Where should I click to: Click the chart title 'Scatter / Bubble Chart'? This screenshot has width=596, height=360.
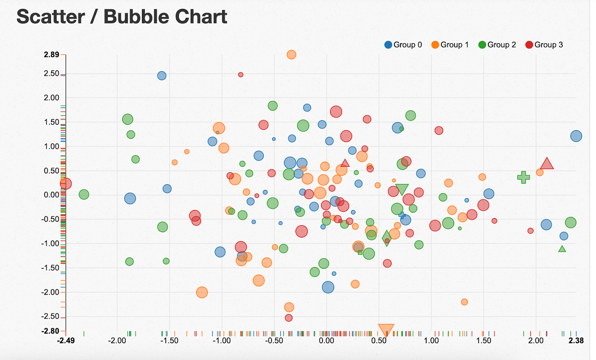(x=122, y=17)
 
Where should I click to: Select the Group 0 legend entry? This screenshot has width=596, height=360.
(x=403, y=45)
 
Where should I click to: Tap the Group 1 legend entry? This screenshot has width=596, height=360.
(x=450, y=45)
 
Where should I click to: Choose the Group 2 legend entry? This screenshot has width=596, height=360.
(x=497, y=45)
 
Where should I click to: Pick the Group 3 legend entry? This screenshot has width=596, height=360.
(x=544, y=45)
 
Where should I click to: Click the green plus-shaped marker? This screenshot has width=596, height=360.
(x=524, y=177)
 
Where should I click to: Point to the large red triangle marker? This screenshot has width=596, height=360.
(x=547, y=164)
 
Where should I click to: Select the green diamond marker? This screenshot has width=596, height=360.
(x=387, y=238)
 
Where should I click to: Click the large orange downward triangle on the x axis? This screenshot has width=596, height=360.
(x=386, y=329)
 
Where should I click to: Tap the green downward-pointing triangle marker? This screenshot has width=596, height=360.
(x=402, y=189)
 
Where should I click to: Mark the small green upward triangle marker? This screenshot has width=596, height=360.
(x=562, y=249)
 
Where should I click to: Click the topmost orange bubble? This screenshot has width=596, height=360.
(x=291, y=55)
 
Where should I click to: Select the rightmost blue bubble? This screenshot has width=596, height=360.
(x=576, y=136)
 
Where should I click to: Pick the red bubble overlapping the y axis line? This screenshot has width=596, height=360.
(x=66, y=184)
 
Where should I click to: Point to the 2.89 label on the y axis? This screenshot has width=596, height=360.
(x=51, y=55)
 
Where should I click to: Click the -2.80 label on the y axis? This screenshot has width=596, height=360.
(x=50, y=331)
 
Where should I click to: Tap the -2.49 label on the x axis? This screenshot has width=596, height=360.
(x=66, y=340)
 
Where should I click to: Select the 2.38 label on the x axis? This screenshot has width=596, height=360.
(x=576, y=340)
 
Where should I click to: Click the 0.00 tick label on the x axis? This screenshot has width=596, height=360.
(x=326, y=340)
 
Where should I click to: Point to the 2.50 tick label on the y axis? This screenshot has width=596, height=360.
(x=51, y=73)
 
